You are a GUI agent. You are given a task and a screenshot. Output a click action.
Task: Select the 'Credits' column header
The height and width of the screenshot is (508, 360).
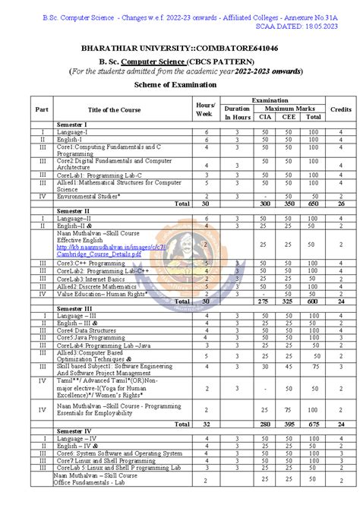pyautogui.click(x=341, y=109)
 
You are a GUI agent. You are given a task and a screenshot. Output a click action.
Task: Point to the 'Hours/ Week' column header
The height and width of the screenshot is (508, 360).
pyautogui.click(x=205, y=109)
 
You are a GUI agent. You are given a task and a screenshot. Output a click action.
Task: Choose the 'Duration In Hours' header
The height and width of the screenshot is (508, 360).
pyautogui.click(x=237, y=112)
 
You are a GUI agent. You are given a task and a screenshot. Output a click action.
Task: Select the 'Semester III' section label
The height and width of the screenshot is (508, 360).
pyautogui.click(x=74, y=309)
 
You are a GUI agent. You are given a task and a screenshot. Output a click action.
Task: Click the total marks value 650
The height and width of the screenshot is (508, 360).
pyautogui.click(x=314, y=204)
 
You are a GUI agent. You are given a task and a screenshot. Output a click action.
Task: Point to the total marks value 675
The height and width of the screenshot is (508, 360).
pyautogui.click(x=314, y=424)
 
